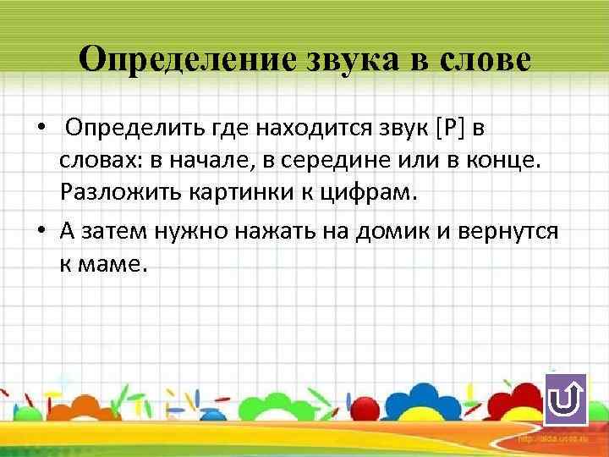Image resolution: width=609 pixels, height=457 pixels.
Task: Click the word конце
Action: (x=504, y=161)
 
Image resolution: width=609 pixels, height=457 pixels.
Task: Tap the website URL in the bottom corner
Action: (x=554, y=442)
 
